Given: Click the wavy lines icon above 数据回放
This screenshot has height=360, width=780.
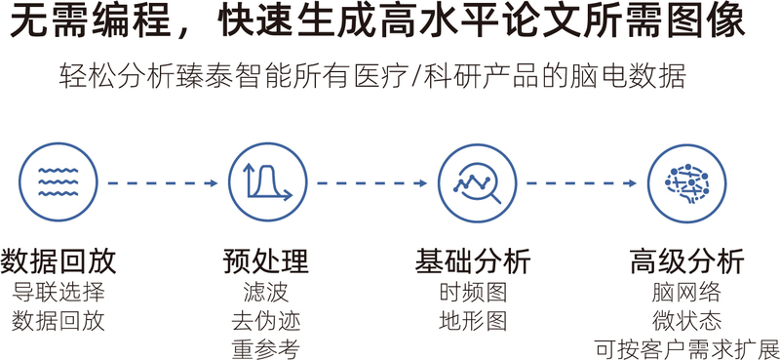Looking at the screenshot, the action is [x=58, y=182].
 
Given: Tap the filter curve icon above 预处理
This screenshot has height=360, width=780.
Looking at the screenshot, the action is [x=267, y=182].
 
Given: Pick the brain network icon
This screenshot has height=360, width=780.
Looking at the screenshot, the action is [x=687, y=182].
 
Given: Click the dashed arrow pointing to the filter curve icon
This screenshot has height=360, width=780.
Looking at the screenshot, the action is [x=163, y=183].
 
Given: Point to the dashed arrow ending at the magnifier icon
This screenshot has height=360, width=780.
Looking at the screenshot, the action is [x=372, y=183].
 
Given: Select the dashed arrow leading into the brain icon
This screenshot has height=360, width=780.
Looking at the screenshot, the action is [x=582, y=183].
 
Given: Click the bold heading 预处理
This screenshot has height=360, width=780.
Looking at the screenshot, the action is [x=266, y=260].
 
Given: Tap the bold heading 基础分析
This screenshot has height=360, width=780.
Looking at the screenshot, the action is [x=473, y=260].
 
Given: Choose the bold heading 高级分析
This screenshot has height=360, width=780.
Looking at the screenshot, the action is [x=687, y=260].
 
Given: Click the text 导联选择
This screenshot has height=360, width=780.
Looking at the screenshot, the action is [x=58, y=293].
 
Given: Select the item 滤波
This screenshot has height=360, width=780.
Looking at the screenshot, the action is [x=266, y=293].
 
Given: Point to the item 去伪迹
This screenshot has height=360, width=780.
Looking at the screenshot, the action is [x=266, y=322].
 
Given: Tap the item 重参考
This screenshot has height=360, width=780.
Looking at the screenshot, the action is [x=266, y=349].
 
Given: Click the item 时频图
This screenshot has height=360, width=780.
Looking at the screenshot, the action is [x=473, y=293].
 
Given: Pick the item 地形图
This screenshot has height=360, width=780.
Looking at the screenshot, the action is [x=473, y=322].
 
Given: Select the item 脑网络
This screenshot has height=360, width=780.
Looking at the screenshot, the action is [x=687, y=293].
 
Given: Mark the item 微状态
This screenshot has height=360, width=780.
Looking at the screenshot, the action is [x=687, y=322].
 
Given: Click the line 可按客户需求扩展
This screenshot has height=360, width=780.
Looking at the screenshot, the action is [x=687, y=349].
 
